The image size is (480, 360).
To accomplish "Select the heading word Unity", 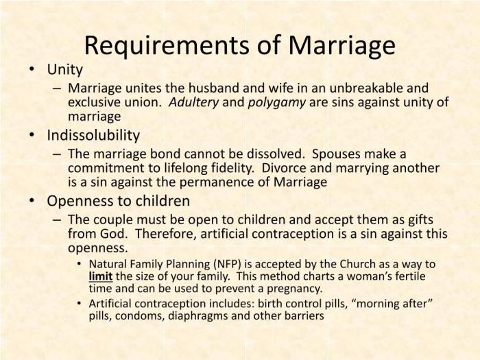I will coord(64,69).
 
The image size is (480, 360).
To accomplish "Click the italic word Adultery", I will coord(194,102).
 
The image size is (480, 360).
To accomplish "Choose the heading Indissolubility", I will coord(93,134).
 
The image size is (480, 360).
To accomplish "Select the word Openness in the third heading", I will coord(77,201).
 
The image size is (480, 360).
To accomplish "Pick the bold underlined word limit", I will coord(100,276).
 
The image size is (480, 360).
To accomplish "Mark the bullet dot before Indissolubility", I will coord(32,135).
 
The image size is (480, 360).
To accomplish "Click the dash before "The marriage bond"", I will coord(57,154).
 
